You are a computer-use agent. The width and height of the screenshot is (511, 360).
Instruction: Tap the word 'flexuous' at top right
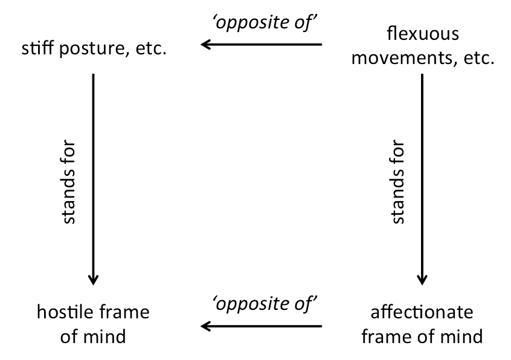pyautogui.click(x=423, y=33)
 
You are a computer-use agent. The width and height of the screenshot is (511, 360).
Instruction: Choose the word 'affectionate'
pyautogui.click(x=422, y=312)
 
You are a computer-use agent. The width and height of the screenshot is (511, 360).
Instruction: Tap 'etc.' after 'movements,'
pyautogui.click(x=479, y=59)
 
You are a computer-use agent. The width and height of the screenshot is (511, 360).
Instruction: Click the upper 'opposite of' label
pyautogui.click(x=265, y=23)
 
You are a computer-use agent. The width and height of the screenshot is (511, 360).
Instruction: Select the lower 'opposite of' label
pyautogui.click(x=265, y=304)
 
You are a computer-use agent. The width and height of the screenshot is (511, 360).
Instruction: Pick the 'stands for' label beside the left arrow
pyautogui.click(x=68, y=182)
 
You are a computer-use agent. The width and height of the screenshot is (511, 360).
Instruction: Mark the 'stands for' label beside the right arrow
pyautogui.click(x=397, y=182)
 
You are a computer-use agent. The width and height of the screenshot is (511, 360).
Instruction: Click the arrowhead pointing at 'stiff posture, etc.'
pyautogui.click(x=205, y=44)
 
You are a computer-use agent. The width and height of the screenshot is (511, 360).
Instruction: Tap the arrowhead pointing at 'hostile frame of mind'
pyautogui.click(x=94, y=280)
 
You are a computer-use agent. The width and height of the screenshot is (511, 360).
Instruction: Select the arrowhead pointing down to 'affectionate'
pyautogui.click(x=422, y=280)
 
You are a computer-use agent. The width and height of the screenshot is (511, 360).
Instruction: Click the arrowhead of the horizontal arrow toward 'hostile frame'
pyautogui.click(x=205, y=326)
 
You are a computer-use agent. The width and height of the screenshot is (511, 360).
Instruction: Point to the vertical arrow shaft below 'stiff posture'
pyautogui.click(x=94, y=179)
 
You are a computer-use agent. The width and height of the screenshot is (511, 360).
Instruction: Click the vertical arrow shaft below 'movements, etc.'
pyautogui.click(x=422, y=179)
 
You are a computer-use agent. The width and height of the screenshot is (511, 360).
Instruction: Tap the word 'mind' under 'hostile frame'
pyautogui.click(x=104, y=336)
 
